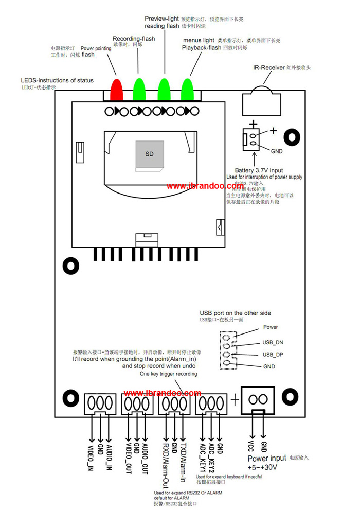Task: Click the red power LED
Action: tap(117, 89)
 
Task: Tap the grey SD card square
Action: tap(149, 154)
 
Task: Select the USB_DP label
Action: tap(273, 354)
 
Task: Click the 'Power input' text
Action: tap(267, 458)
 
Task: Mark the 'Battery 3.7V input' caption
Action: tap(259, 170)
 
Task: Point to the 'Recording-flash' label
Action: tap(134, 39)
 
